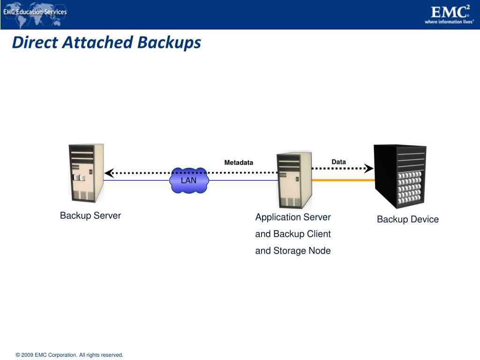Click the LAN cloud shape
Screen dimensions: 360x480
[x=189, y=180]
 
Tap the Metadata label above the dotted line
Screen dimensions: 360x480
[x=238, y=163]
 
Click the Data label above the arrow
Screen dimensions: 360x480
[x=338, y=162]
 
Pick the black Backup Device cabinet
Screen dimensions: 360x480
[x=400, y=176]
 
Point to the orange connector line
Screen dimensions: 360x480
[x=343, y=180]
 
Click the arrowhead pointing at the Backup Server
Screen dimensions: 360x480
[x=109, y=172]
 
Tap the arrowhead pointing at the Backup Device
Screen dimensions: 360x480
[x=369, y=168]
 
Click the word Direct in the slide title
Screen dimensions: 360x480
[x=35, y=43]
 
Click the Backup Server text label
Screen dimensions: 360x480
[x=90, y=216]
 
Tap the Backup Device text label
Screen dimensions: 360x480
[x=408, y=219]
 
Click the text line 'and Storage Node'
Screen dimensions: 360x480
[x=293, y=251]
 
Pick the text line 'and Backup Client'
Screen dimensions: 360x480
[x=293, y=234]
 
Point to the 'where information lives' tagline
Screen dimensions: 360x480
[x=449, y=22]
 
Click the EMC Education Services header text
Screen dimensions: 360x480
[x=35, y=12]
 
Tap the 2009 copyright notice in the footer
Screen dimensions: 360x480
[x=69, y=355]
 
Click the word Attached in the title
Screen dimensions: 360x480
[x=98, y=43]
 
